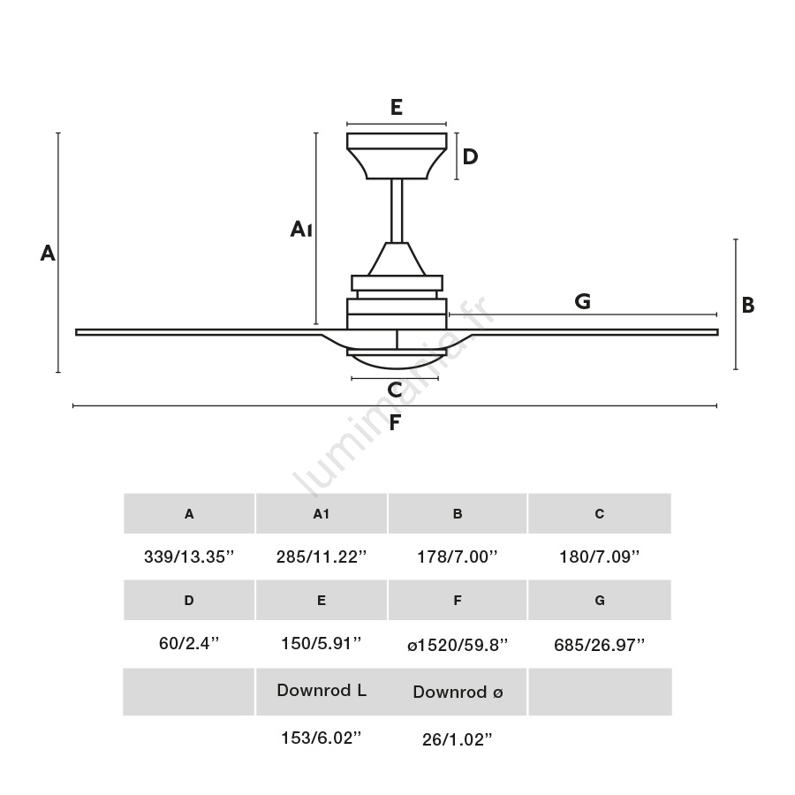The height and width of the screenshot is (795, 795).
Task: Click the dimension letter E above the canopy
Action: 397,107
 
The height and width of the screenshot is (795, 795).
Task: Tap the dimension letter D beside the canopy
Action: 470,156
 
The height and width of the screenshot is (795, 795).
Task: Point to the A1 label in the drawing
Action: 300,229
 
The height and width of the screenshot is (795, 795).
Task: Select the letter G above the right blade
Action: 583,301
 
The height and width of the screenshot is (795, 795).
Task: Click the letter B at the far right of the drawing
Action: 748,306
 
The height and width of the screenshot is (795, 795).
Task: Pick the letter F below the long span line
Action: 395,422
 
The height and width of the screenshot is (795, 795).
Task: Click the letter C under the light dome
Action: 395,390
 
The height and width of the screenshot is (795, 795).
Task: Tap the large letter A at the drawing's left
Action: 48,253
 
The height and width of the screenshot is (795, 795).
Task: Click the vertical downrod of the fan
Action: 397,211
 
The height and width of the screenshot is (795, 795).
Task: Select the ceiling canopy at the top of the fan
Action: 397,156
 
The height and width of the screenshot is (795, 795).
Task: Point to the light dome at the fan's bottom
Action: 397,359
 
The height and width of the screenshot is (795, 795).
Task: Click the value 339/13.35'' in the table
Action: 189,556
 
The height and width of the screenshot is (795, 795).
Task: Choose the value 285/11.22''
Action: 322,556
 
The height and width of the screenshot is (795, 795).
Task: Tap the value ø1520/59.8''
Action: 458,645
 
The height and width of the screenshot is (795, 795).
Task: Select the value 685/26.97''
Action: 599,645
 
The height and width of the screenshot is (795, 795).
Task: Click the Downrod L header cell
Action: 322,692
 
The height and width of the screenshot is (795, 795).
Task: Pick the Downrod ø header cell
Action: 458,692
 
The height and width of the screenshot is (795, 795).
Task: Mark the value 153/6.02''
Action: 322,738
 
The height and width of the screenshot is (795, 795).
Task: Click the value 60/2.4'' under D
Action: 189,643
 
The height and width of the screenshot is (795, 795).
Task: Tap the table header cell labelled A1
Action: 322,513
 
